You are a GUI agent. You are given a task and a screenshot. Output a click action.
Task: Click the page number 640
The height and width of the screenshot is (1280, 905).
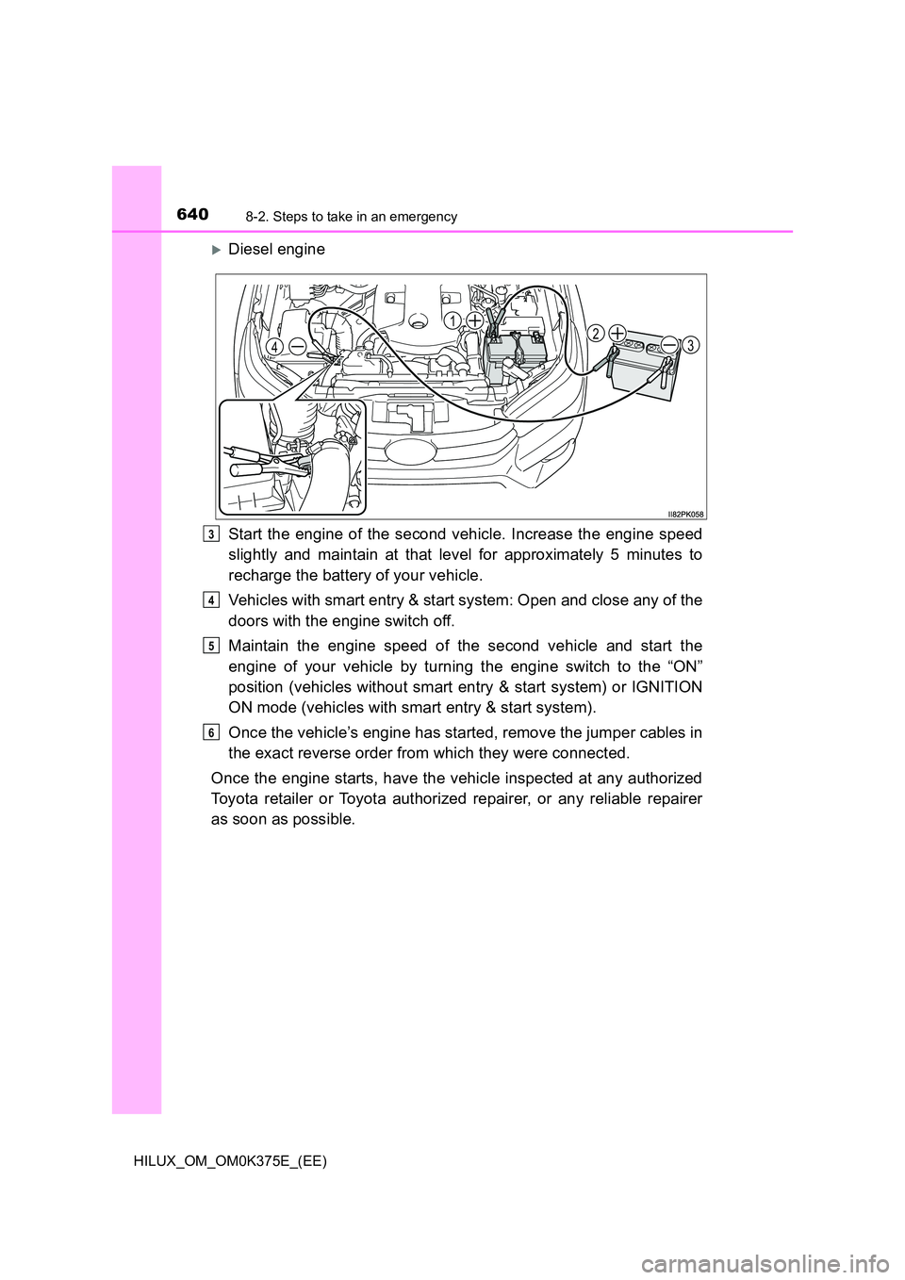[192, 215]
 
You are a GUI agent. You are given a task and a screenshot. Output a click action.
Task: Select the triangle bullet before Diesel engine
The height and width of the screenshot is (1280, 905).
[216, 250]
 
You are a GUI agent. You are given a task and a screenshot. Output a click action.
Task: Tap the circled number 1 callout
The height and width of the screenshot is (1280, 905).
[454, 320]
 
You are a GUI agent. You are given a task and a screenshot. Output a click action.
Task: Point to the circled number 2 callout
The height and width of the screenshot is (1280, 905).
[597, 333]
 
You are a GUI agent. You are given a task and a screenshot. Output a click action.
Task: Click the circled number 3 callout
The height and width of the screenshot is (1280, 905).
[691, 346]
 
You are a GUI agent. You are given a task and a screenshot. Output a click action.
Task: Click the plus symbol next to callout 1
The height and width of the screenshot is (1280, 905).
[475, 320]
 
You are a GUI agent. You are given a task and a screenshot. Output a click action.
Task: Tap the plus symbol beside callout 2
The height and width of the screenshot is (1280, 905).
[618, 333]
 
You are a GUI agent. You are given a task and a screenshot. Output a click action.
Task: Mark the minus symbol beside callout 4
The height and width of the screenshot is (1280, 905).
[296, 346]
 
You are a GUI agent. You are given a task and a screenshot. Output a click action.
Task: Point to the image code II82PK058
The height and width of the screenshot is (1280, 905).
[685, 514]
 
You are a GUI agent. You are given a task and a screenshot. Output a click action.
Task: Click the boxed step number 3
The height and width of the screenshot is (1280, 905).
[213, 534]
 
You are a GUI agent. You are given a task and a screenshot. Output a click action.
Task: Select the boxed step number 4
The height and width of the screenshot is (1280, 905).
[213, 600]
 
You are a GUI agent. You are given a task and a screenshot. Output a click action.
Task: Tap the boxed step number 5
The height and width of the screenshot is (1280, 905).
[213, 646]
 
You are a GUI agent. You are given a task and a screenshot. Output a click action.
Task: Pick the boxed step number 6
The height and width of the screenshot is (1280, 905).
[213, 732]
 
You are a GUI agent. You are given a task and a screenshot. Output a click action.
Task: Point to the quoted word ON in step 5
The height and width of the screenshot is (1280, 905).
[685, 666]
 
